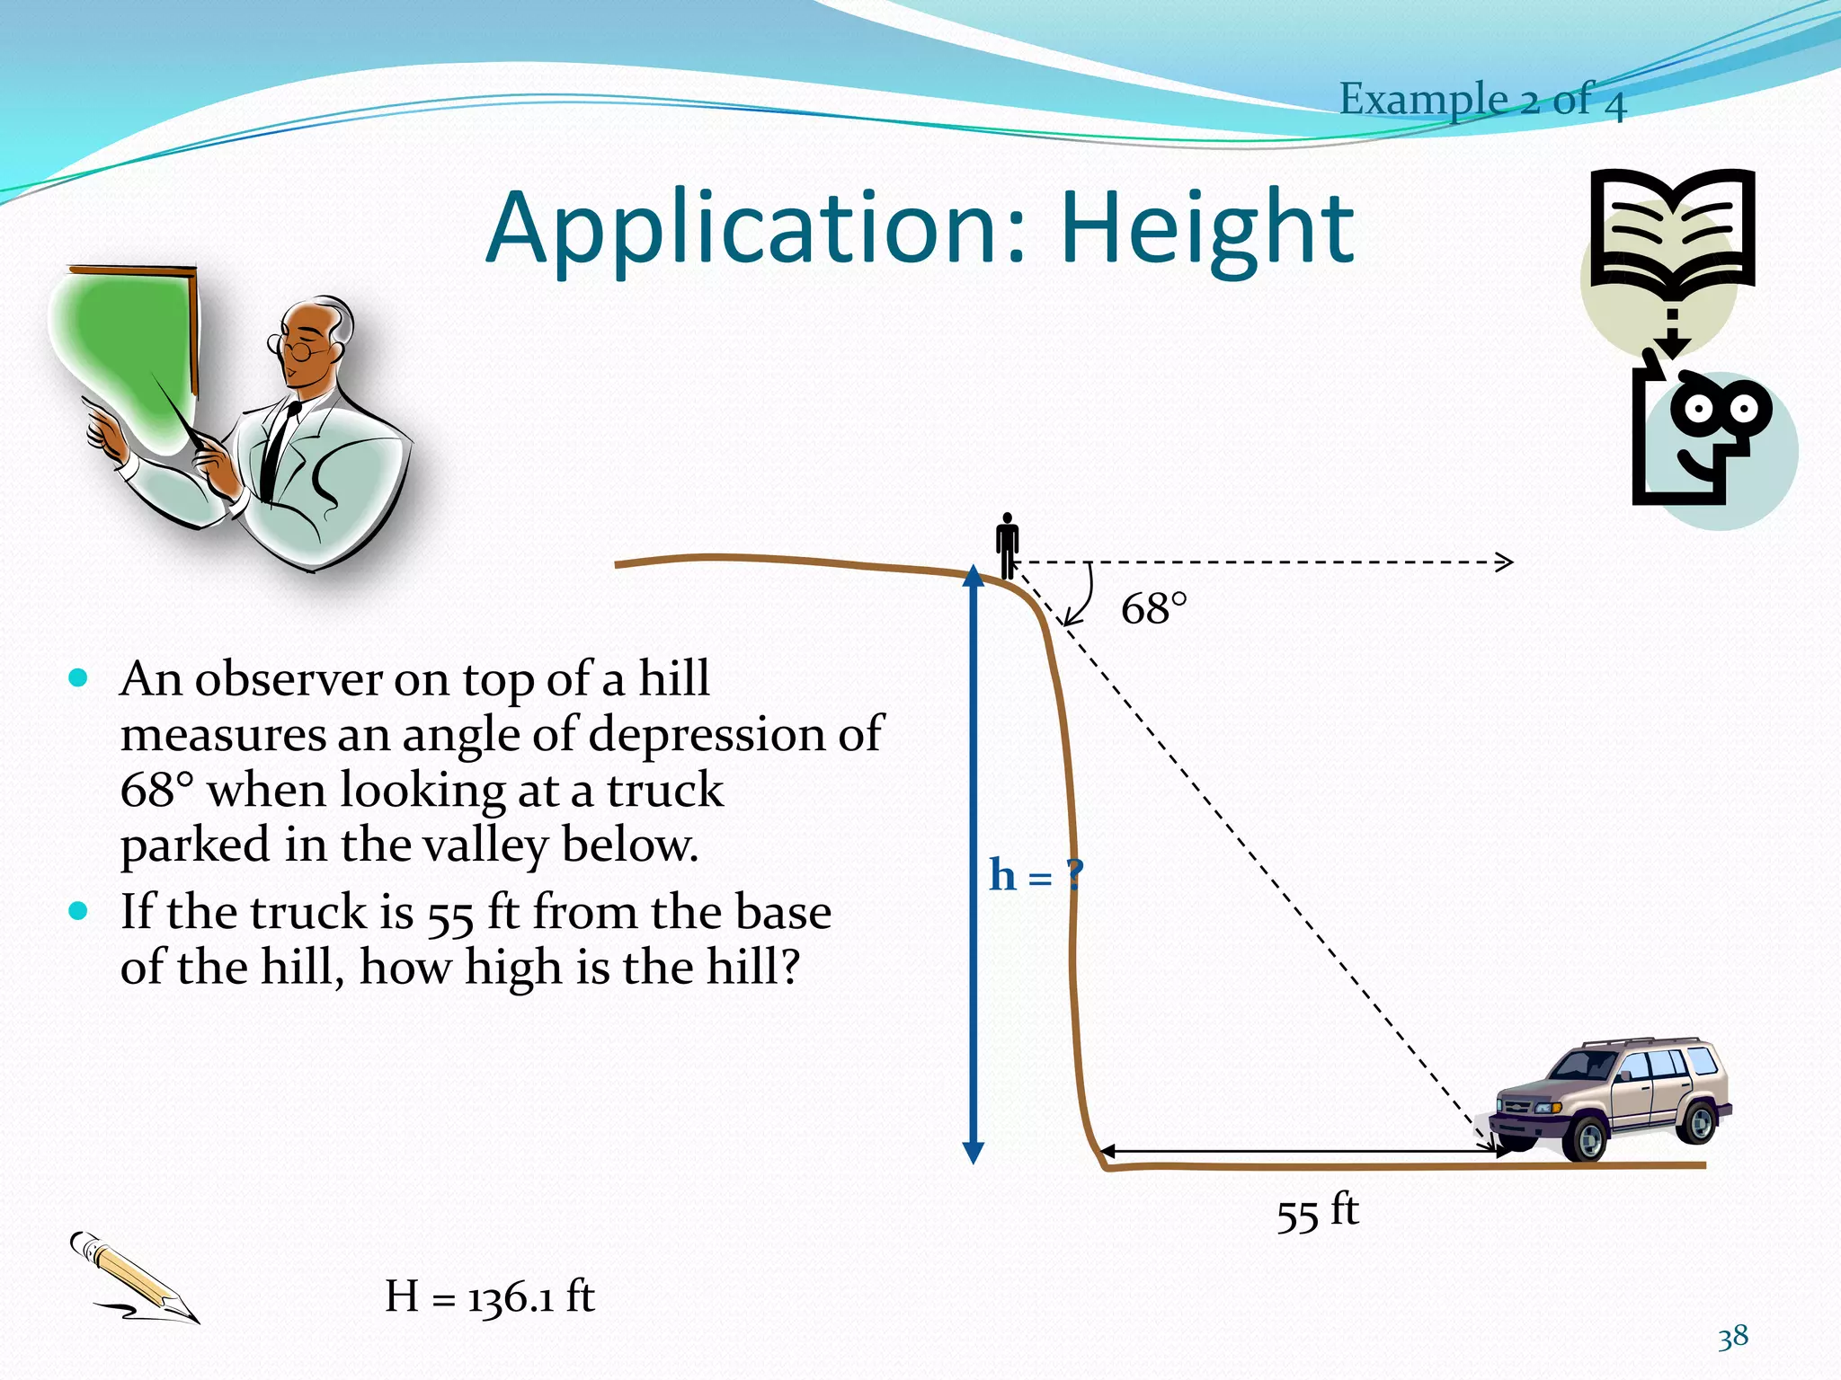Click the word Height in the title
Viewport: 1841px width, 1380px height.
pos(1206,228)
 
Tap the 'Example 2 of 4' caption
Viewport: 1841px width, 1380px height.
pos(1482,99)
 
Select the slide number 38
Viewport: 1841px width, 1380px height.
pos(1733,1337)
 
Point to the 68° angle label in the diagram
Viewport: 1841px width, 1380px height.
pos(1153,609)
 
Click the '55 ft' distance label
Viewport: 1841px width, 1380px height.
pos(1317,1212)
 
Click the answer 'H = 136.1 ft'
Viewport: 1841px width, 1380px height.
pos(490,1296)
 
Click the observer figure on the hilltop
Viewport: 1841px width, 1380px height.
pos(1008,544)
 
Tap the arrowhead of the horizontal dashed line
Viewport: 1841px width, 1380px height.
pos(1506,562)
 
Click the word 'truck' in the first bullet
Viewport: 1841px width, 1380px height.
pos(664,791)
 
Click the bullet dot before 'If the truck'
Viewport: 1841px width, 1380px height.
pos(79,911)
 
